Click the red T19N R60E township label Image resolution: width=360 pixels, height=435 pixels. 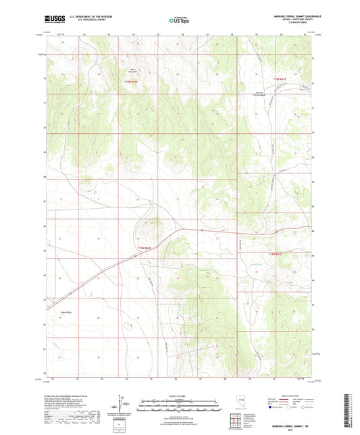click(x=130, y=82)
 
